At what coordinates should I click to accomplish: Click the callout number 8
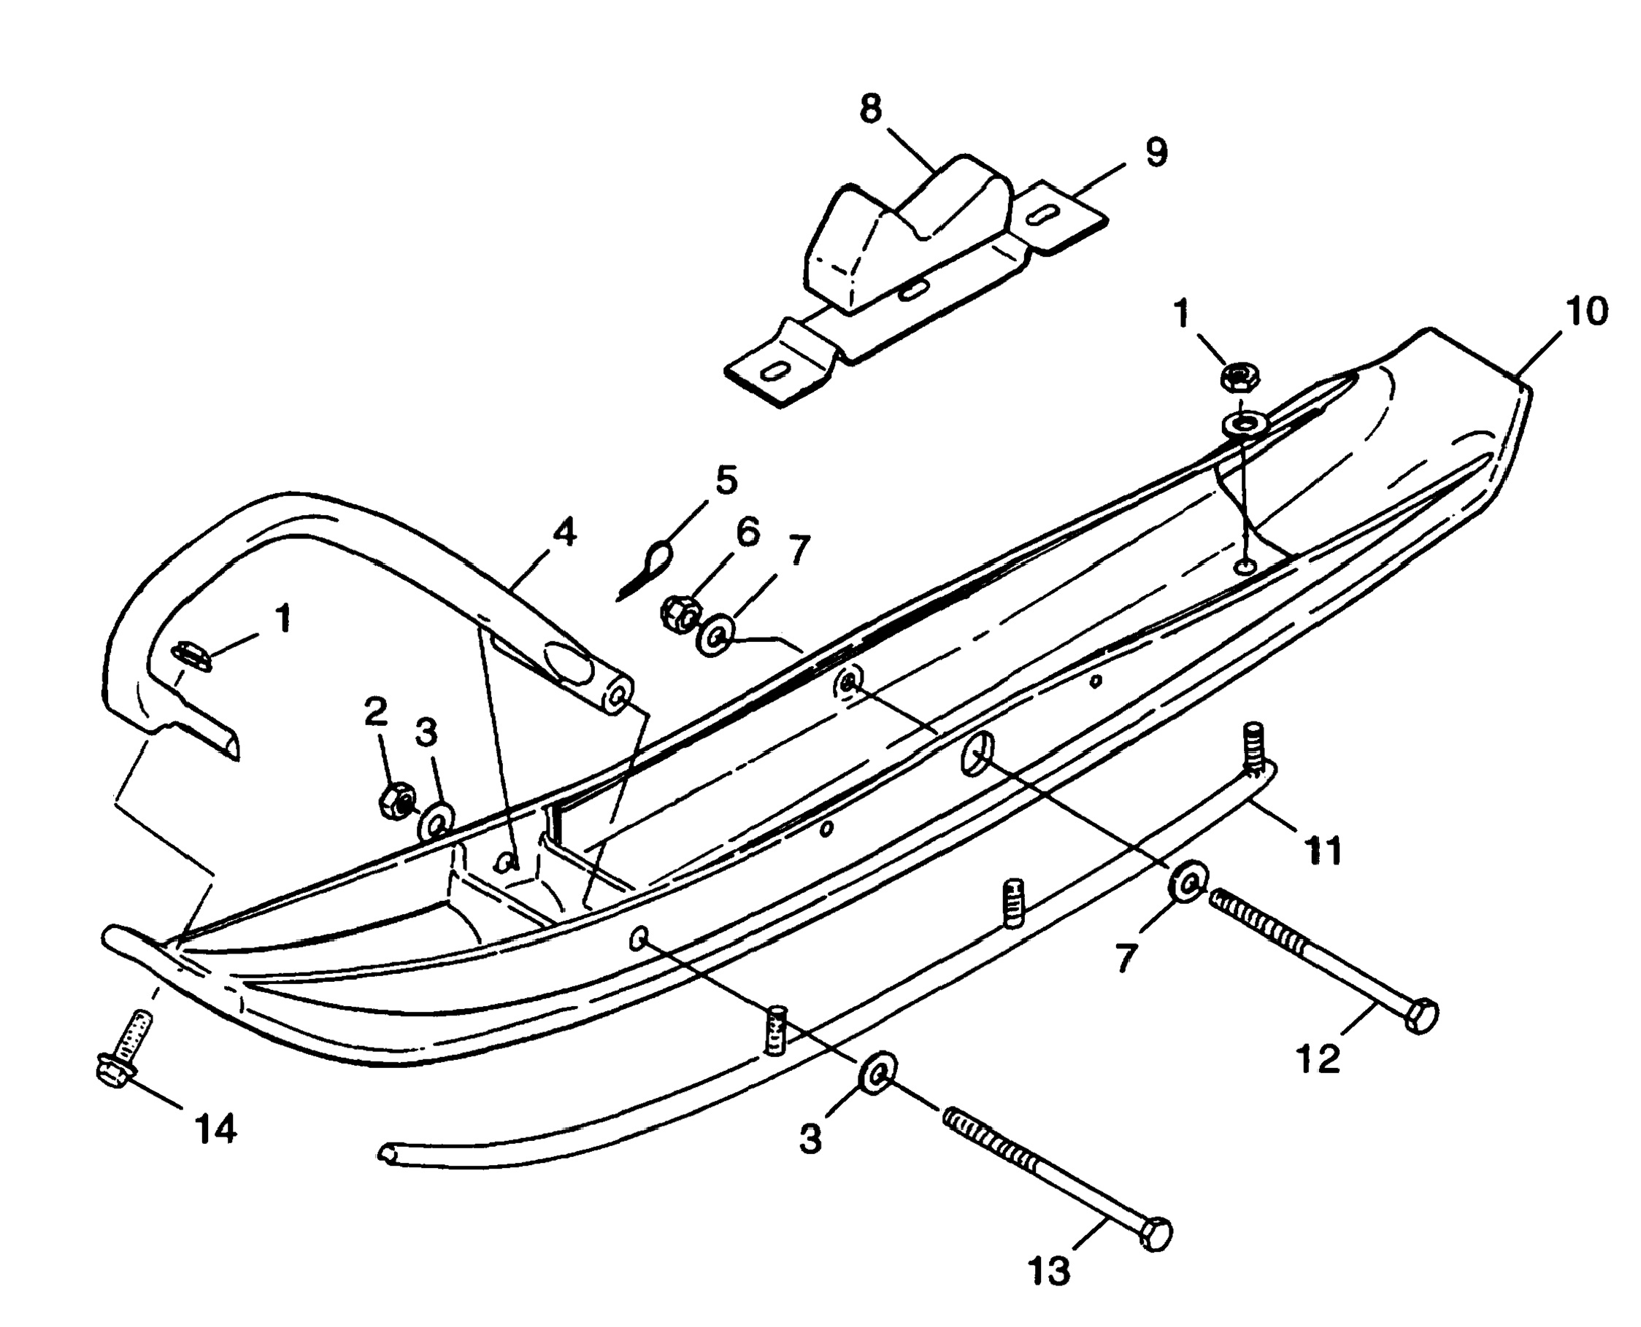tap(870, 110)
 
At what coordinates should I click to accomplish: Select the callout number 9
tap(1156, 153)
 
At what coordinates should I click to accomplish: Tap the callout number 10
tap(1586, 312)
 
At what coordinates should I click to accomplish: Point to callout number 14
tap(216, 1130)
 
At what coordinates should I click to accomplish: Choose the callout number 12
tap(1318, 1059)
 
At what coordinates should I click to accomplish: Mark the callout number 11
tap(1323, 851)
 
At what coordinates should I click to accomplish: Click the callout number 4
tap(564, 532)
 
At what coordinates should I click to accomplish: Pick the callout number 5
tap(726, 480)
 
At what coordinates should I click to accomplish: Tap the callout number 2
tap(374, 713)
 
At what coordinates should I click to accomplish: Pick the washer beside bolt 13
tap(879, 1072)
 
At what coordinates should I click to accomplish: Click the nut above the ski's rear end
tap(1240, 376)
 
